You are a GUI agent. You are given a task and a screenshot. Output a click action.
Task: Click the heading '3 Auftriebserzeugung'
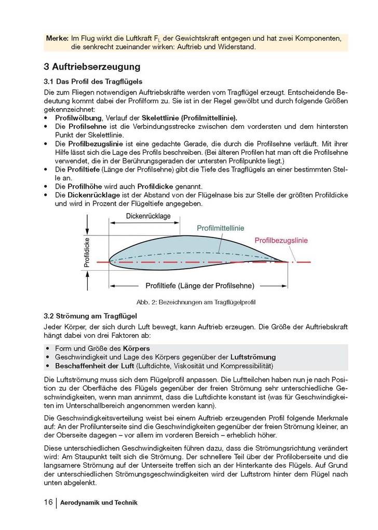point(92,67)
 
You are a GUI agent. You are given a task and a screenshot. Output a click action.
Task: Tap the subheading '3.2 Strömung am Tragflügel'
point(90,315)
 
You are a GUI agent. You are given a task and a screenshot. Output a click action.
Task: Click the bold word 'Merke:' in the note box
point(57,39)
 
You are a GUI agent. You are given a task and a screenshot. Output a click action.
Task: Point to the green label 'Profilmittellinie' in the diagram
point(221,228)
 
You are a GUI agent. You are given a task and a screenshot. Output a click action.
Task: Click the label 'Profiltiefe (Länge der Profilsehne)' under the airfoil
point(199,286)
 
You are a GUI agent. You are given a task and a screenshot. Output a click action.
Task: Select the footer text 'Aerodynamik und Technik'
point(99,503)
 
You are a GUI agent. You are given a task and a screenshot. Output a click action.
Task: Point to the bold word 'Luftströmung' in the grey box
point(253,357)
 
